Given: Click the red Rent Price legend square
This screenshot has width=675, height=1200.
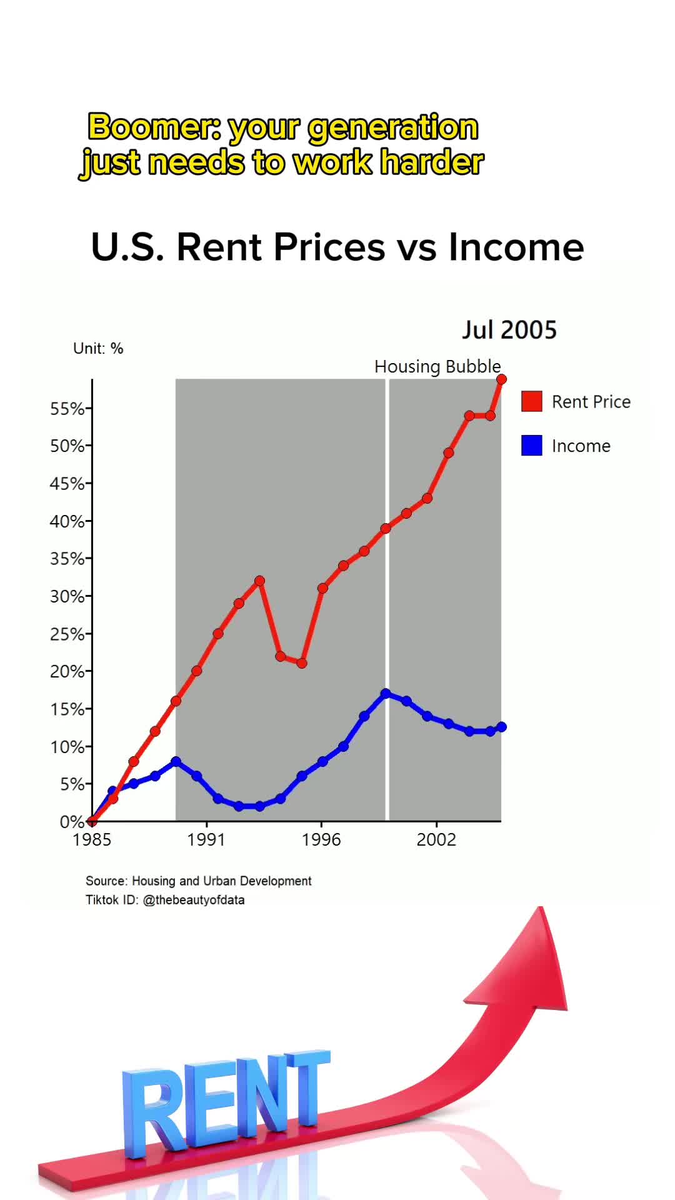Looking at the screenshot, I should (x=531, y=401).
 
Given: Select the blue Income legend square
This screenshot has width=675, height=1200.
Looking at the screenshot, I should (x=531, y=446).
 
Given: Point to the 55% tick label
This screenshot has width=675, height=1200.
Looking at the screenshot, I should (x=67, y=409).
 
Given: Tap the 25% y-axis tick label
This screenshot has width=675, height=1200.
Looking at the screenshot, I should (x=67, y=634).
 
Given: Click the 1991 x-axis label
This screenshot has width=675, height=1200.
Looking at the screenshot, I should (x=206, y=839).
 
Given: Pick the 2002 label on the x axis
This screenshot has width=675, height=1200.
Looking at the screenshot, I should (x=436, y=839).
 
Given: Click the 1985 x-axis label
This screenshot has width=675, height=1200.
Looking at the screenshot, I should (x=92, y=839).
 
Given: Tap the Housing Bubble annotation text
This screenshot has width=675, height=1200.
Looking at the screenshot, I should (x=437, y=366).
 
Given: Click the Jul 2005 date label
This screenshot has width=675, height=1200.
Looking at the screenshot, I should (x=509, y=330).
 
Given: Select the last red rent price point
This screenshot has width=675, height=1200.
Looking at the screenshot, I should (x=501, y=379).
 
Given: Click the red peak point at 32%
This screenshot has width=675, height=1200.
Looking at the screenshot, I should (x=260, y=581).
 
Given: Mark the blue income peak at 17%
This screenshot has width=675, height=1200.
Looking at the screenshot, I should (x=386, y=694).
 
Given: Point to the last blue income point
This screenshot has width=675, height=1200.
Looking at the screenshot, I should (x=501, y=727).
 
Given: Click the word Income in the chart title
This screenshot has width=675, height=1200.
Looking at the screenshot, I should (x=516, y=247).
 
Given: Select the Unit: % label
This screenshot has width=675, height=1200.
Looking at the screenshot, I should (x=98, y=349).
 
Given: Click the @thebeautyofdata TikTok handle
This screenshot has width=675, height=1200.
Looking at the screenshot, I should (x=194, y=900).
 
